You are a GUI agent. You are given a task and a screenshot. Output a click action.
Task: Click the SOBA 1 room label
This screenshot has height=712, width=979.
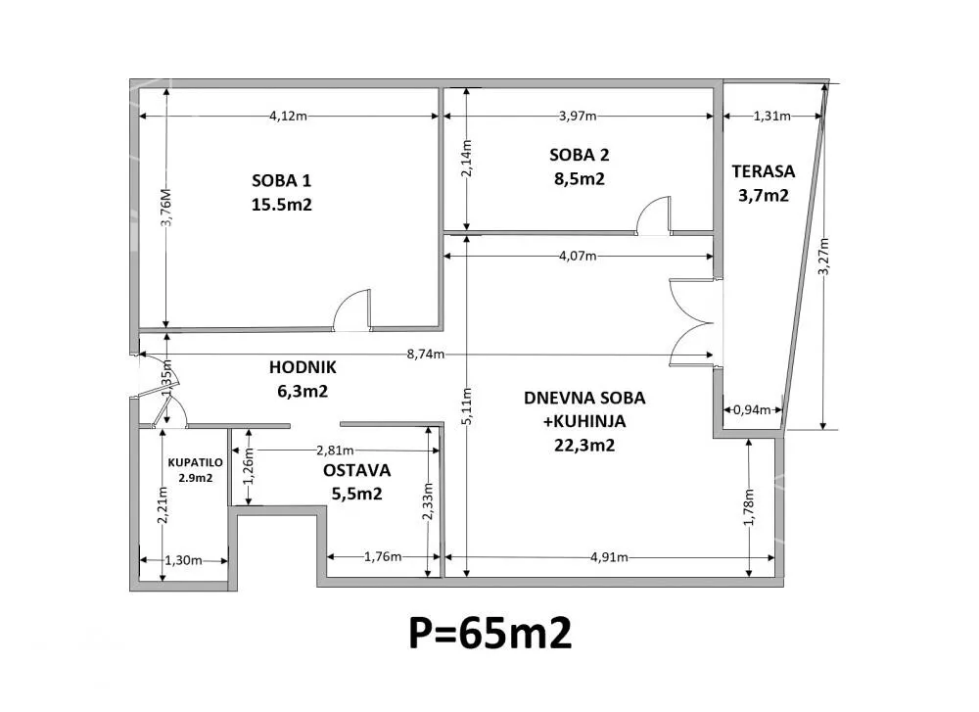281,181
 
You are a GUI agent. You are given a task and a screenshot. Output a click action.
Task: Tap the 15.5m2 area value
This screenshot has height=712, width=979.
282,205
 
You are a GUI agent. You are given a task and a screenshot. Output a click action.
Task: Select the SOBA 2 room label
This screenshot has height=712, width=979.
580,155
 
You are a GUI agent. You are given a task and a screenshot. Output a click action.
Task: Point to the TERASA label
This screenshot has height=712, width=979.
763,171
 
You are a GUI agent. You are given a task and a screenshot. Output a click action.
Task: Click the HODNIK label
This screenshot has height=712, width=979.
303,367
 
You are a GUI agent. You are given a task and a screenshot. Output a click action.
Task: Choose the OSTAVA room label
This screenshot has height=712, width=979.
356,470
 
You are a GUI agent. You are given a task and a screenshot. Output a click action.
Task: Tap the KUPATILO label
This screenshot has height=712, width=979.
196,463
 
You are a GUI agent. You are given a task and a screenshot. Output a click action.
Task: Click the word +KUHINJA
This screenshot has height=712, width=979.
584,421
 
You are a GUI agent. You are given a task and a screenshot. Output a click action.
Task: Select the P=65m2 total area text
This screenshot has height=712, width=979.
490,634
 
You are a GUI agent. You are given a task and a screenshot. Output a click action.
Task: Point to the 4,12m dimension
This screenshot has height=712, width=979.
289,117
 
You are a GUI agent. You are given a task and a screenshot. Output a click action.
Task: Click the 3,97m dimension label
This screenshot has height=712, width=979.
578,117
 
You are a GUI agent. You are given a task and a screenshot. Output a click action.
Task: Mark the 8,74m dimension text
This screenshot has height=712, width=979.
426,355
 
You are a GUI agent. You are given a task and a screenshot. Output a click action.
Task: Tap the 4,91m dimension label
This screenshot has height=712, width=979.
609,557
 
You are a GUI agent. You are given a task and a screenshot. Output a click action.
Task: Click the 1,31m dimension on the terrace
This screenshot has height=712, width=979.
772,117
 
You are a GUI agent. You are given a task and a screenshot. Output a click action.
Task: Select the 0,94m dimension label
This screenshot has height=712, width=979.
752,410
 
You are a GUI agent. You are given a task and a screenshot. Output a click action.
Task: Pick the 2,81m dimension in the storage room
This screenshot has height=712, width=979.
335,451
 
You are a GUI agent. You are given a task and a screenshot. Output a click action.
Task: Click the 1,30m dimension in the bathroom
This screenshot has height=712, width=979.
183,561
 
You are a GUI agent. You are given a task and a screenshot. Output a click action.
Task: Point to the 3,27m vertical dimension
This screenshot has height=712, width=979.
824,256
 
